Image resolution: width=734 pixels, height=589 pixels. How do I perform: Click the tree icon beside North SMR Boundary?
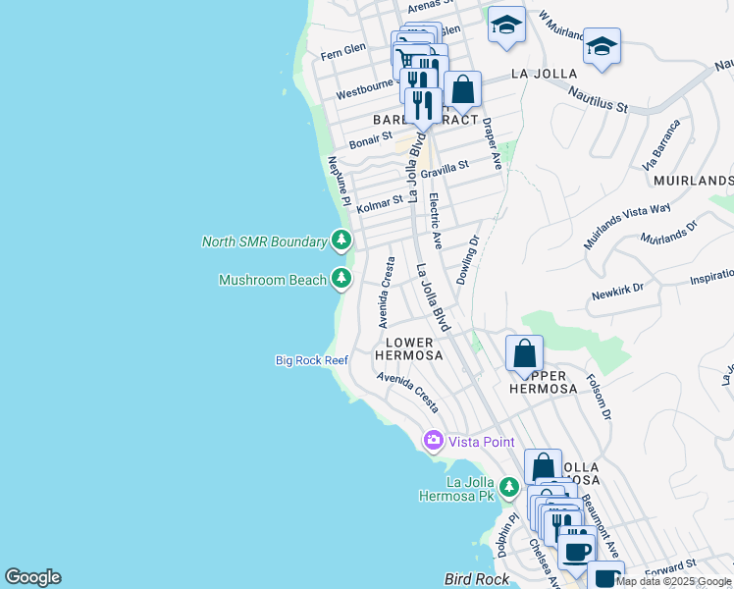click(341, 240)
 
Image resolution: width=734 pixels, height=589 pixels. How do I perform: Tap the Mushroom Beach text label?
click(272, 280)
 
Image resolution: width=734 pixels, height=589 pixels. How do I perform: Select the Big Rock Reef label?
click(311, 361)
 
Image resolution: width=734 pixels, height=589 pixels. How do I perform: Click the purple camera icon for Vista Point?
click(433, 442)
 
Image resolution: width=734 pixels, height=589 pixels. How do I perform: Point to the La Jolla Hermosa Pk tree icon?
click(508, 487)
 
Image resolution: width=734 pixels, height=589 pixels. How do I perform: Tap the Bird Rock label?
click(476, 580)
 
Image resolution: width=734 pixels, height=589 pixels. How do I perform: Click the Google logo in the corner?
click(32, 577)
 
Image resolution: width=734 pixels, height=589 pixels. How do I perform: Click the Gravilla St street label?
click(445, 170)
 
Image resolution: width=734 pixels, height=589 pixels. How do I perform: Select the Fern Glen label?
click(341, 49)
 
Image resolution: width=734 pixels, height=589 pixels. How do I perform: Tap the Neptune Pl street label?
click(339, 182)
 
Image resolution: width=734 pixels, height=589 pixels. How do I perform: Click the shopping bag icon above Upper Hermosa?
click(525, 352)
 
